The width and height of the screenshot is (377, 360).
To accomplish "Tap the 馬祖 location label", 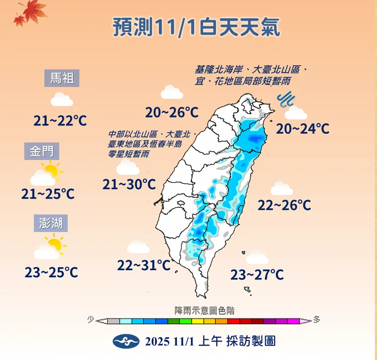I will click(62, 78).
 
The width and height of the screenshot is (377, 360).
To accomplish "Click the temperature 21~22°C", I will click(60, 121).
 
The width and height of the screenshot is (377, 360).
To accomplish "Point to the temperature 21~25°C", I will click(48, 193).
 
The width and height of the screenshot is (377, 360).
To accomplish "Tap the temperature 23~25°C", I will click(51, 272).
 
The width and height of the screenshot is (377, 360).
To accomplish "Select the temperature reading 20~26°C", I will click(171, 112).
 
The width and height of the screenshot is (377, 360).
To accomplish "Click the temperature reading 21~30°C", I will click(129, 185).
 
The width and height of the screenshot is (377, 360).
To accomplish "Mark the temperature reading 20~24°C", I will click(303, 129).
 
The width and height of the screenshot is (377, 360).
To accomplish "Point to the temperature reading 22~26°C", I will click(284, 205).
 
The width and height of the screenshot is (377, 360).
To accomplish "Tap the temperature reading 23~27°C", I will click(257, 275).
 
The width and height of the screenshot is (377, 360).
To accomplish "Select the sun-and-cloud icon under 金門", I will click(46, 173).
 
